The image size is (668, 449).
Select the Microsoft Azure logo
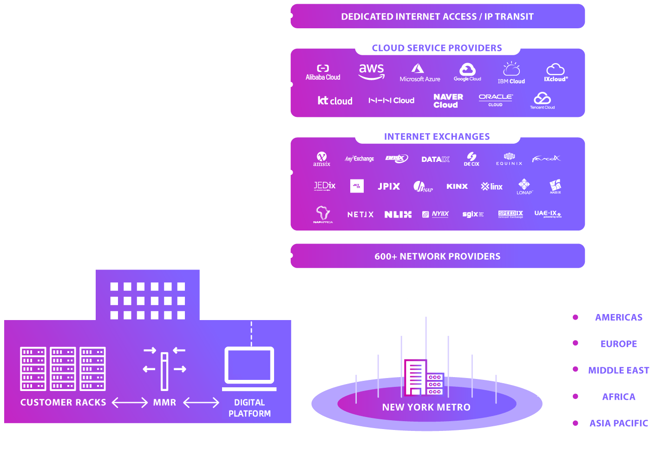point(419,73)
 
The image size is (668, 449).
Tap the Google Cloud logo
point(467,72)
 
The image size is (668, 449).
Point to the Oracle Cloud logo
point(496,100)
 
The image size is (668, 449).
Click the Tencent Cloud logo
point(542,101)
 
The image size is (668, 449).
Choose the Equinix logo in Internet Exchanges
point(509,159)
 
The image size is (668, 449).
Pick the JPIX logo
point(389,186)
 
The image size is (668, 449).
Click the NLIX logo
point(398,214)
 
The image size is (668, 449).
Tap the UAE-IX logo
point(548,214)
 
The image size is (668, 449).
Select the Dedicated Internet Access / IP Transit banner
point(437,17)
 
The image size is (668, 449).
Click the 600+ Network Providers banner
point(437,256)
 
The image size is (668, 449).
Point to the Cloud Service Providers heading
point(437,48)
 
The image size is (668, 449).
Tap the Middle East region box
point(618,370)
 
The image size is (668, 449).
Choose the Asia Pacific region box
point(618,423)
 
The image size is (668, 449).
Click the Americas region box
point(618,317)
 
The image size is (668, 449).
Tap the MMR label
point(164,403)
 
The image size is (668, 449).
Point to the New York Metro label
point(426,407)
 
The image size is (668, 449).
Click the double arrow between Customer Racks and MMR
point(130,403)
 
